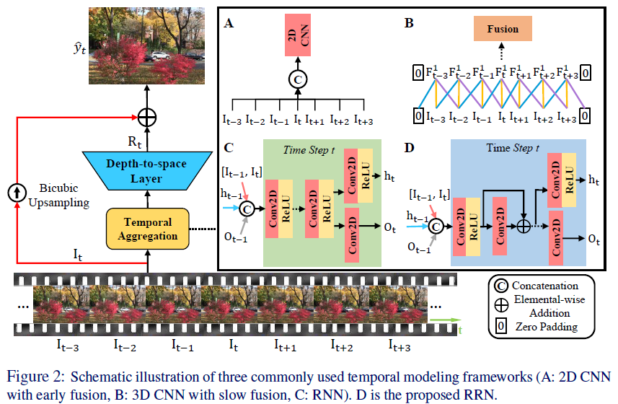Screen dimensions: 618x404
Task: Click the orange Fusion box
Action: [503, 28]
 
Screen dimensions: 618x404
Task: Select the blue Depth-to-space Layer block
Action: [147, 171]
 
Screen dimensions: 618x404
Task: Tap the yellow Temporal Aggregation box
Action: [148, 229]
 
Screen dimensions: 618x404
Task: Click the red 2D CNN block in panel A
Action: [298, 35]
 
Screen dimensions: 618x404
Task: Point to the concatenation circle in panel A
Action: [298, 79]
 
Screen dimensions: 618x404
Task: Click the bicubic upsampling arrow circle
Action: [17, 193]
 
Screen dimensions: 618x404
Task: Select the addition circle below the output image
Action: [147, 117]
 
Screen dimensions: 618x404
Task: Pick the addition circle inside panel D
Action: [524, 227]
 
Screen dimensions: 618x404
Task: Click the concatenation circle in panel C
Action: [247, 208]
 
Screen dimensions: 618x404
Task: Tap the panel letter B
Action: [409, 23]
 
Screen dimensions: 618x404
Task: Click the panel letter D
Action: [410, 148]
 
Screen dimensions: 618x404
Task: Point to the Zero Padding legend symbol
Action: [501, 326]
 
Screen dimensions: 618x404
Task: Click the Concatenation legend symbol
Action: [501, 286]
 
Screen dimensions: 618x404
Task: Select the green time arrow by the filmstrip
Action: [446, 320]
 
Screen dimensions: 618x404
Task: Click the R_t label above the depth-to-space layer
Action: [134, 142]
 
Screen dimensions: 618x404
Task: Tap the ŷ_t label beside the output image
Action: [79, 48]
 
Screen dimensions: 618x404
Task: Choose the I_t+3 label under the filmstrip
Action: [400, 346]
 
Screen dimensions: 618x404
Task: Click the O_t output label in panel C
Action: [390, 227]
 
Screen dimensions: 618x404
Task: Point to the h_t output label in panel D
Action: [593, 180]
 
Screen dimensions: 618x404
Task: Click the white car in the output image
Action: [160, 56]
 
